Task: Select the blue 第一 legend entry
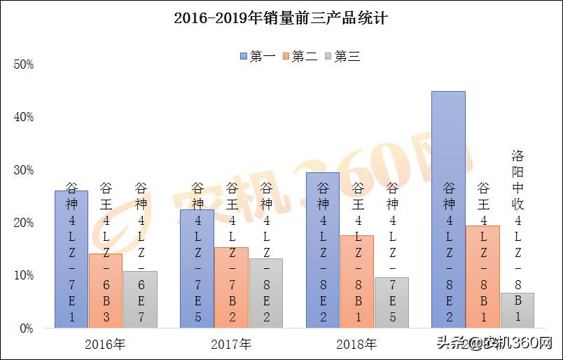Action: pyautogui.click(x=257, y=56)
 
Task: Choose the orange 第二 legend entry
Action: pyautogui.click(x=300, y=56)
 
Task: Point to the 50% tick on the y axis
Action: pyautogui.click(x=24, y=64)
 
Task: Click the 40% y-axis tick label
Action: pyautogui.click(x=24, y=117)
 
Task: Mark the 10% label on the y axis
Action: pyautogui.click(x=24, y=275)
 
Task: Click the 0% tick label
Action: pyautogui.click(x=26, y=328)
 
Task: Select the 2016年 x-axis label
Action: pyautogui.click(x=105, y=344)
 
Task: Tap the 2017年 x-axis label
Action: pyautogui.click(x=231, y=344)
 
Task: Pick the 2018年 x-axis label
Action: pyautogui.click(x=356, y=344)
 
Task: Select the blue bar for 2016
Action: pyautogui.click(x=71, y=259)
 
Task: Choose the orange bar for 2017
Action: pyautogui.click(x=231, y=287)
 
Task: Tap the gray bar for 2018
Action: pyautogui.click(x=391, y=303)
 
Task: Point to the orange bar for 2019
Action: pyautogui.click(x=482, y=277)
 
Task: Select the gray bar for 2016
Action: pyautogui.click(x=140, y=300)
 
